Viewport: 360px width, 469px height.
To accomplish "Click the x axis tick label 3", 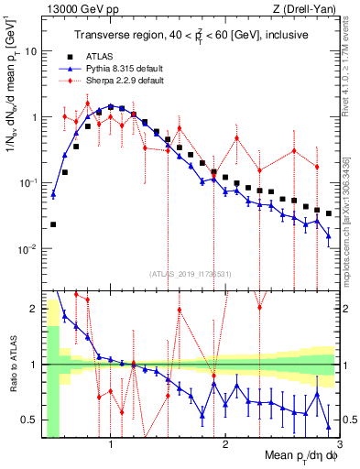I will [338, 446].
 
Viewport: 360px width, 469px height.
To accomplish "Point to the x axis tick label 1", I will [111, 446].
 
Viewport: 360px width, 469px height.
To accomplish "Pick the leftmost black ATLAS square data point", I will [53, 224].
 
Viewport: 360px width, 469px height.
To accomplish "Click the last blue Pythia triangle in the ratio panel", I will [328, 427].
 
